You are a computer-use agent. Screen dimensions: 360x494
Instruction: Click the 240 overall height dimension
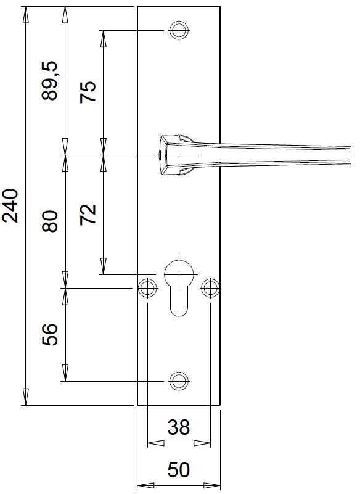(10, 206)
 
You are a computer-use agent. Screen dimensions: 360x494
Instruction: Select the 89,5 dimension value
(50, 81)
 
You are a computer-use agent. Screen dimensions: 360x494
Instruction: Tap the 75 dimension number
(88, 92)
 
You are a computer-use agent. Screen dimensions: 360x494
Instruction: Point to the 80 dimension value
(50, 221)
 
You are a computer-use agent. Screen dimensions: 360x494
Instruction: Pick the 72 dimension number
(88, 214)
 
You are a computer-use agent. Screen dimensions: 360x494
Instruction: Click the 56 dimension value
(50, 335)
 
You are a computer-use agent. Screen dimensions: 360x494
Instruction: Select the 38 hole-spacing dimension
(179, 427)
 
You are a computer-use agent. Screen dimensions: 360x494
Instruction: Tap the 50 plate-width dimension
(179, 470)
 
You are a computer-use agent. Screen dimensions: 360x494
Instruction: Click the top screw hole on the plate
(179, 30)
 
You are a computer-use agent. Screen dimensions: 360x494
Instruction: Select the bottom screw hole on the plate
(179, 381)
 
